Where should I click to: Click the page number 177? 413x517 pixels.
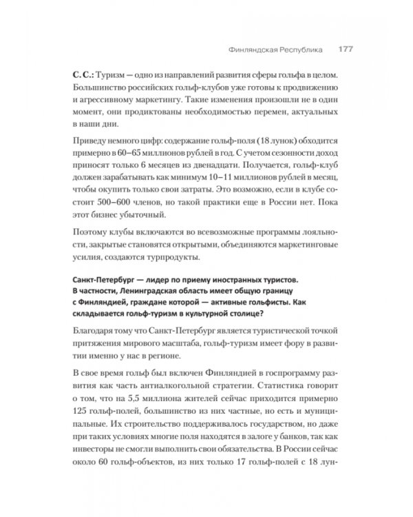[346, 50]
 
